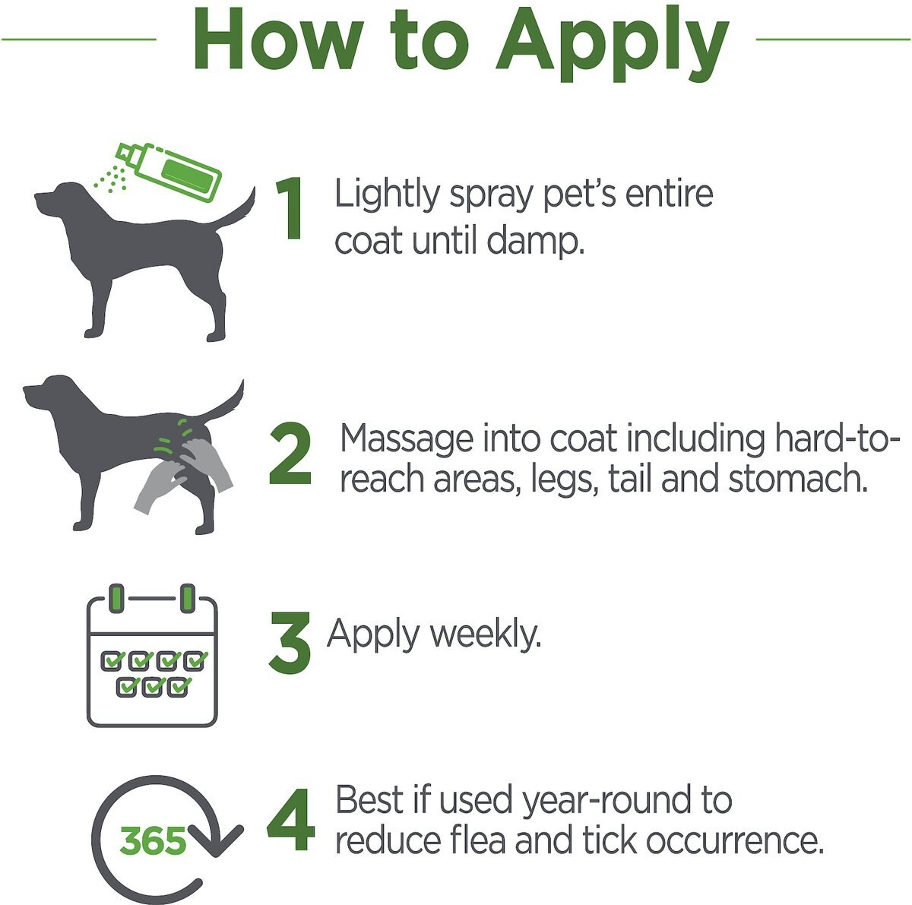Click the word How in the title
(277, 39)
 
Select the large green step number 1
(289, 207)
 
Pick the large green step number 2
(290, 454)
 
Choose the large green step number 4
(290, 819)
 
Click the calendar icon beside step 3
(152, 655)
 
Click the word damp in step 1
(535, 242)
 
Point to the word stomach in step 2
(798, 479)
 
